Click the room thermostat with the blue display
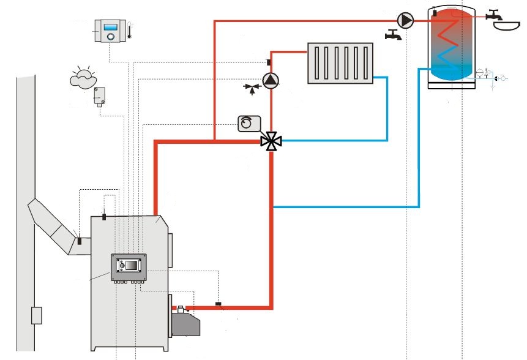click(111, 30)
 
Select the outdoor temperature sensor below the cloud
click(99, 97)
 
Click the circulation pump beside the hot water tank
click(406, 21)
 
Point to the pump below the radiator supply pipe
click(270, 80)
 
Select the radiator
click(340, 63)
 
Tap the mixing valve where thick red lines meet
click(271, 141)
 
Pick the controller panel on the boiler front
click(129, 267)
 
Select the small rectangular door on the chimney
click(37, 315)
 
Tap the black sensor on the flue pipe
click(78, 242)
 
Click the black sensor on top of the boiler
click(104, 216)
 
